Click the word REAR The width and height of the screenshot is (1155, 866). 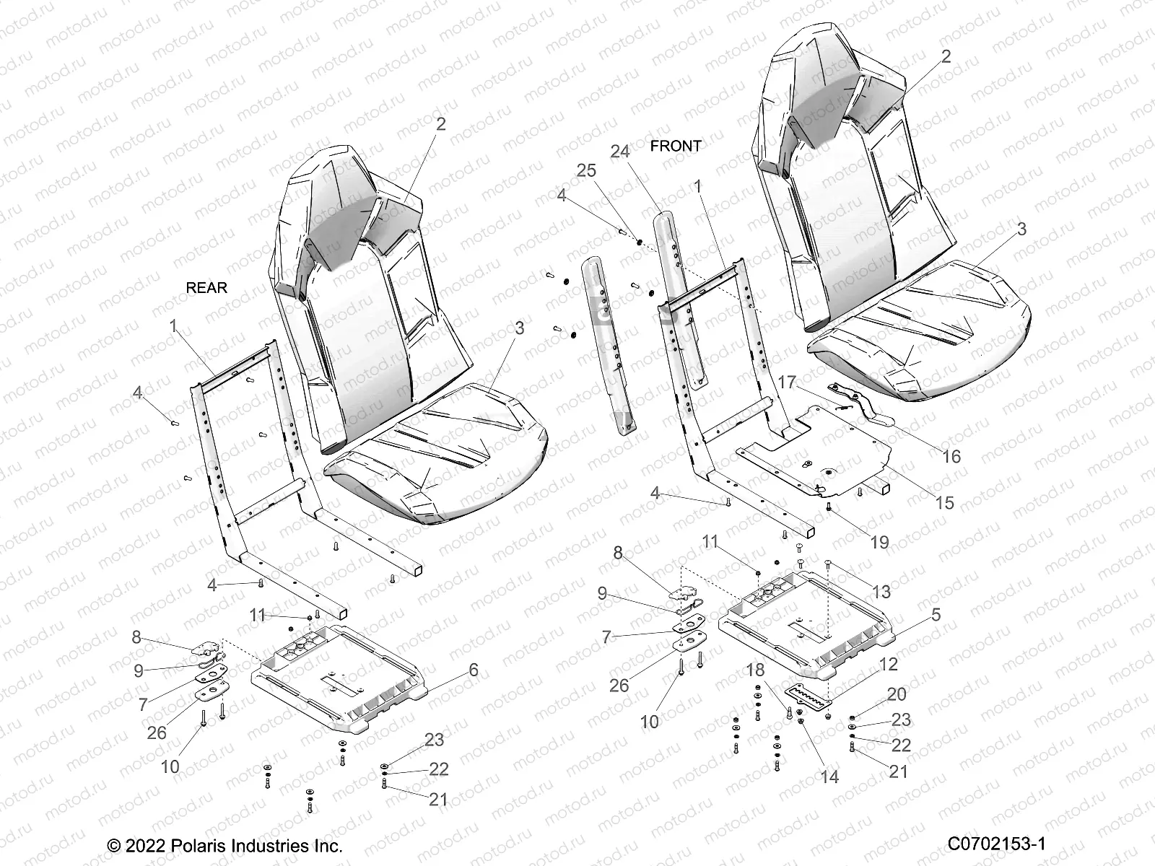tap(206, 288)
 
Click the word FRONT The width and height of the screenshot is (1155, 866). tap(675, 146)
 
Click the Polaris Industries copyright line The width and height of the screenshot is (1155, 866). tap(225, 845)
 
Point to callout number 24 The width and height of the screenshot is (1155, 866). tap(620, 152)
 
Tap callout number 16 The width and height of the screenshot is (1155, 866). tap(951, 456)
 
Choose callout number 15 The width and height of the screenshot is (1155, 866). tap(944, 503)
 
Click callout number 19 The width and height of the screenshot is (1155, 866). tap(879, 542)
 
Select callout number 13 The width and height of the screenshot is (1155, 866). tap(881, 592)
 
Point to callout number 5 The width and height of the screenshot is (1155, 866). tap(936, 615)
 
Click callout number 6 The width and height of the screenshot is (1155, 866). tap(474, 670)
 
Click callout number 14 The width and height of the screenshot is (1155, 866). tap(829, 777)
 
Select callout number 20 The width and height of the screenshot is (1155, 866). tap(896, 694)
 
